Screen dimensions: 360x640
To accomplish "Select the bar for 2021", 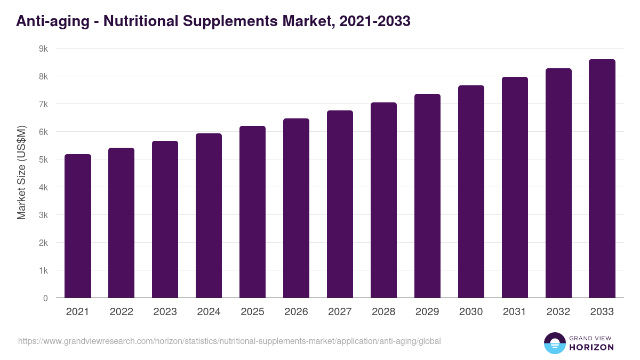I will [x=78, y=226].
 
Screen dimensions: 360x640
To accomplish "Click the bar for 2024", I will [x=209, y=215].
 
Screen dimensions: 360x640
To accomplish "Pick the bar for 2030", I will [x=471, y=191].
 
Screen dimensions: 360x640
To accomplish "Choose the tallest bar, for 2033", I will [x=602, y=179].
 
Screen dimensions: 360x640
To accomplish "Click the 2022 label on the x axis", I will [x=121, y=312].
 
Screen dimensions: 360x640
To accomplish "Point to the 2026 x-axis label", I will [x=296, y=312].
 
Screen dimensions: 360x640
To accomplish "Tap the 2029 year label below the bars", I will [x=427, y=312].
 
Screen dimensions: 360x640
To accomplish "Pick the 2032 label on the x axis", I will [x=558, y=312].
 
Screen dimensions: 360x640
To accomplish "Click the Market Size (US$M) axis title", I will [x=21, y=172].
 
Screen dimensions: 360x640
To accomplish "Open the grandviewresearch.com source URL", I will [x=229, y=341].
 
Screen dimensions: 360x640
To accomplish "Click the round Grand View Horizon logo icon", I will [x=555, y=343].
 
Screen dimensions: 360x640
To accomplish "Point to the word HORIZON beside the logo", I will [x=591, y=347].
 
